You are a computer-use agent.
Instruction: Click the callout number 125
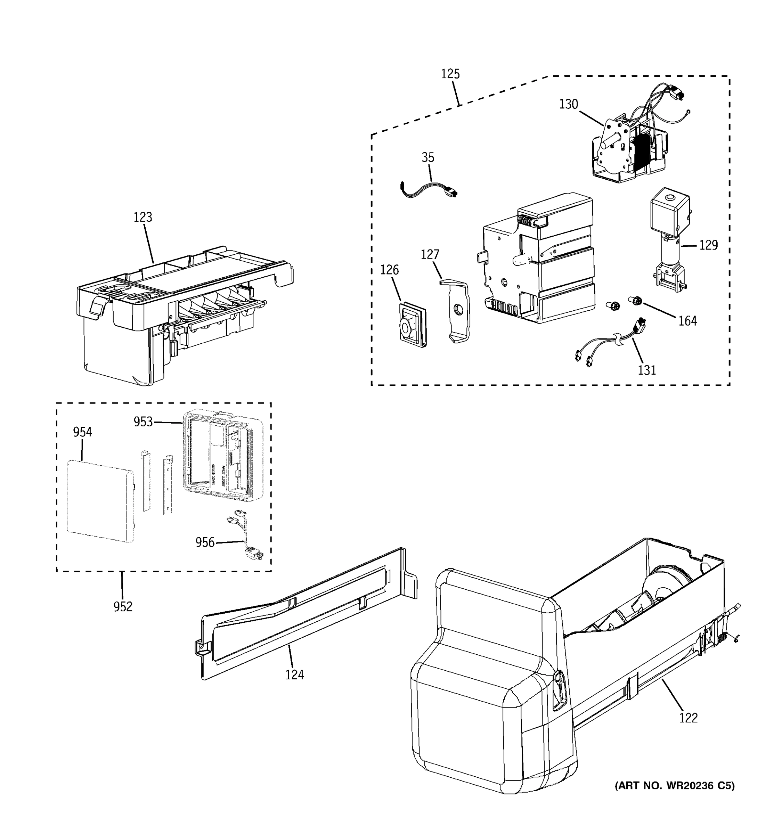(450, 74)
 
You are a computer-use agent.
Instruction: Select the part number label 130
(569, 104)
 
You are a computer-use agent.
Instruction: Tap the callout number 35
(427, 157)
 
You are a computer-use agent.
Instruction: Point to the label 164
(687, 321)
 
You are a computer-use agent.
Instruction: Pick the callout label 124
(294, 674)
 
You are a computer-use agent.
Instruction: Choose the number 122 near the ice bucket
(689, 718)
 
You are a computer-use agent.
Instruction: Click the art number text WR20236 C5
(675, 786)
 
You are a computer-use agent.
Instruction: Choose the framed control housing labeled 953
(222, 455)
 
